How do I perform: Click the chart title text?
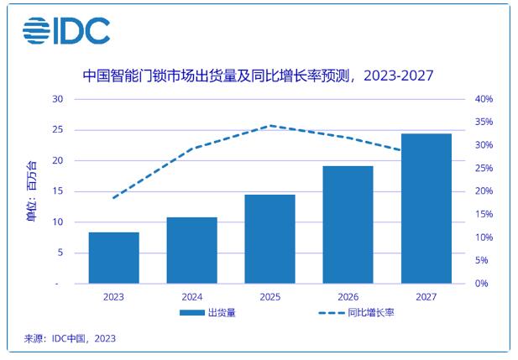(x=259, y=76)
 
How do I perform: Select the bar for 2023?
(x=113, y=258)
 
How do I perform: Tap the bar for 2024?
(x=191, y=250)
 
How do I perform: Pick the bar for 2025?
(x=269, y=239)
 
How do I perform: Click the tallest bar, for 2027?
(x=426, y=208)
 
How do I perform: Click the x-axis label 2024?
(x=191, y=296)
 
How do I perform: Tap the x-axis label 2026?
(x=348, y=296)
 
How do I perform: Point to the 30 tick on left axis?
(x=58, y=99)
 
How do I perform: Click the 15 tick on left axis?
(x=58, y=191)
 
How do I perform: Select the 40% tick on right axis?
(x=484, y=99)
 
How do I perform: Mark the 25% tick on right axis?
(x=484, y=169)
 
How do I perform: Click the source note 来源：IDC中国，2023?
(x=70, y=338)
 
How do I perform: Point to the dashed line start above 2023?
(x=113, y=198)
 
